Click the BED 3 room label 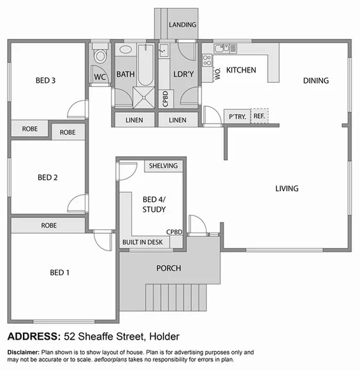click(45, 80)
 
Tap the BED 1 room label click(59, 273)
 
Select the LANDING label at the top click(182, 25)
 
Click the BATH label click(126, 75)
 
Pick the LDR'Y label click(184, 75)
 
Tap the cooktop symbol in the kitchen click(207, 61)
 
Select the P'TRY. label click(237, 117)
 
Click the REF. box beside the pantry click(259, 116)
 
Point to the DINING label click(315, 81)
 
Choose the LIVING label click(287, 189)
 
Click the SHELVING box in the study click(163, 166)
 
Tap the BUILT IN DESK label click(143, 243)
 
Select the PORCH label click(169, 268)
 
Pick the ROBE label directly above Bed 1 click(49, 226)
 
